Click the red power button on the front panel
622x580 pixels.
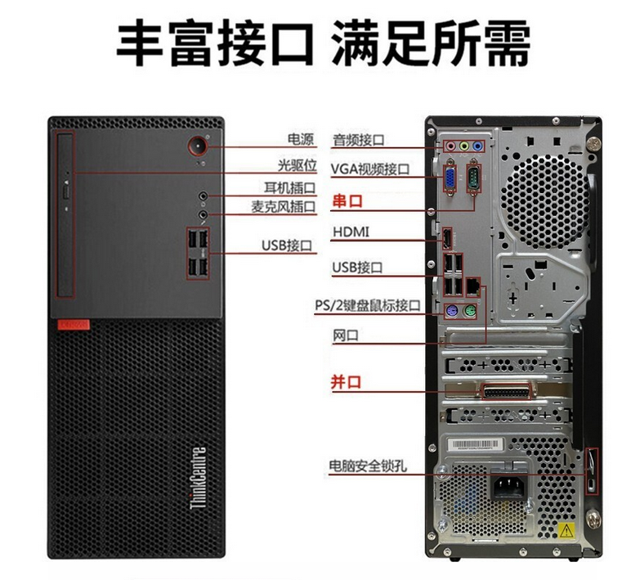tap(198, 146)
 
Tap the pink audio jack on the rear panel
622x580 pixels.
tap(450, 146)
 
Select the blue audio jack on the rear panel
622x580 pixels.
tap(478, 146)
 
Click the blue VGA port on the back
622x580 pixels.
tap(450, 177)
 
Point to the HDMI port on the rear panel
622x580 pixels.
tap(447, 240)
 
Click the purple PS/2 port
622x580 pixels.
tap(451, 311)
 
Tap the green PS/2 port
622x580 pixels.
tap(470, 311)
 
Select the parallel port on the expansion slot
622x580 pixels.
tap(506, 392)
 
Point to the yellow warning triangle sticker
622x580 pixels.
tap(566, 530)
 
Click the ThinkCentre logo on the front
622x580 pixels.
tap(199, 478)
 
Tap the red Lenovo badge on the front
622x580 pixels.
tap(74, 325)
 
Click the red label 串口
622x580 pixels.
tap(347, 201)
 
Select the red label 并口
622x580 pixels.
tap(347, 382)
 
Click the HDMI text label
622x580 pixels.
tap(351, 232)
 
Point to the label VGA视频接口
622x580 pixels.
tap(370, 169)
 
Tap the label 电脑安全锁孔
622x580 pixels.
tap(368, 465)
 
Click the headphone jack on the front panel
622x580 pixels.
tap(203, 196)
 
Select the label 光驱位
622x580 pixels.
tap(298, 165)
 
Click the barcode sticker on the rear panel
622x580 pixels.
tap(476, 444)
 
